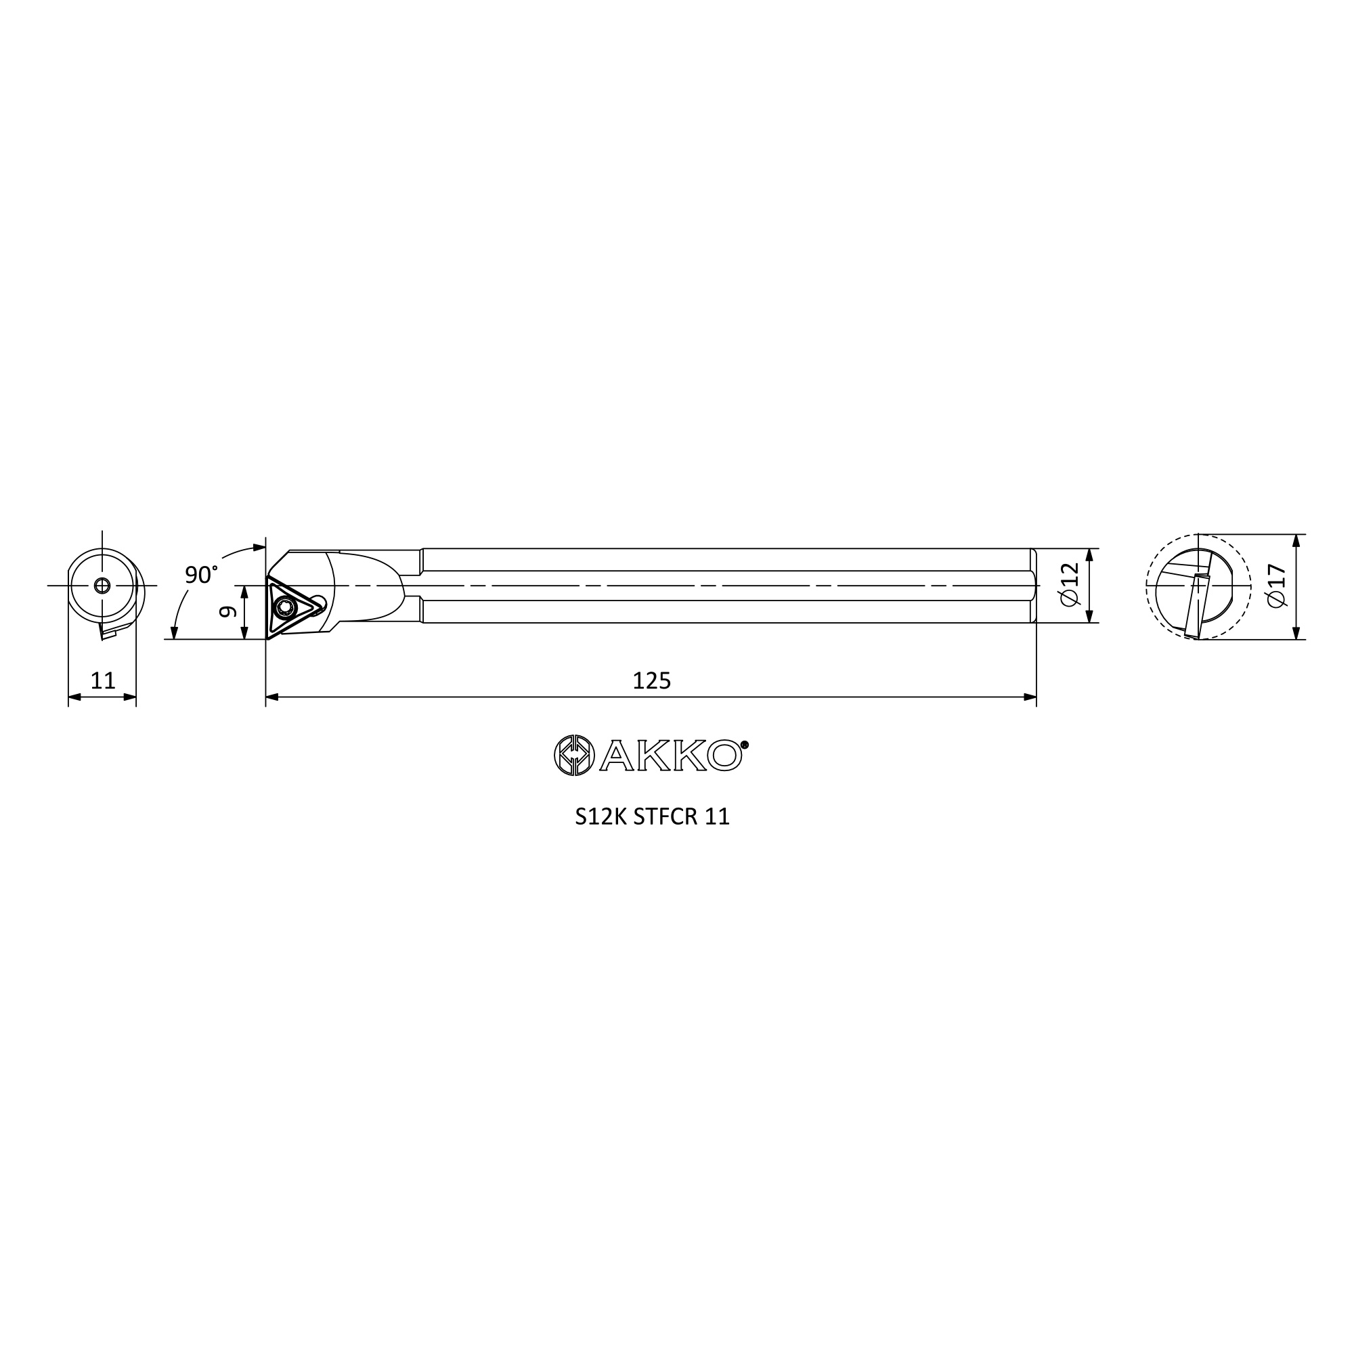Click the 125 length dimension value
point(652,680)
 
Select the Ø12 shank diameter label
point(1070,584)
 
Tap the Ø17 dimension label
point(1276,586)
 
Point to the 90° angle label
point(201,575)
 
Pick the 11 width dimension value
point(103,680)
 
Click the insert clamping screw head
point(284,608)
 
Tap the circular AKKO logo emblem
point(575,756)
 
